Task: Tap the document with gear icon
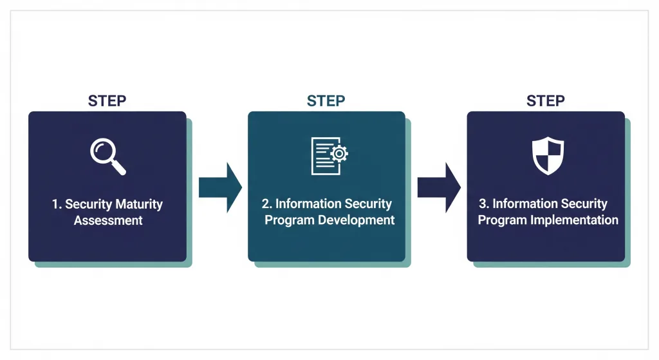click(329, 156)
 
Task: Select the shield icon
click(548, 155)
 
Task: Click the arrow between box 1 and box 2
click(220, 187)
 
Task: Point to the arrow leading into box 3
click(439, 187)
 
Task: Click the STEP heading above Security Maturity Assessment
click(107, 101)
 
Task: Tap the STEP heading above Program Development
click(326, 101)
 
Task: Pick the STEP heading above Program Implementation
click(546, 101)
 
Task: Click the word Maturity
click(139, 205)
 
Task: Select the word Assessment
click(108, 220)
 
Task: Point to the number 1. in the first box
click(57, 204)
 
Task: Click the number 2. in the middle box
click(267, 204)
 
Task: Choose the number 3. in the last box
click(484, 204)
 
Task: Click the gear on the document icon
click(339, 154)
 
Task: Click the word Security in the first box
click(88, 205)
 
